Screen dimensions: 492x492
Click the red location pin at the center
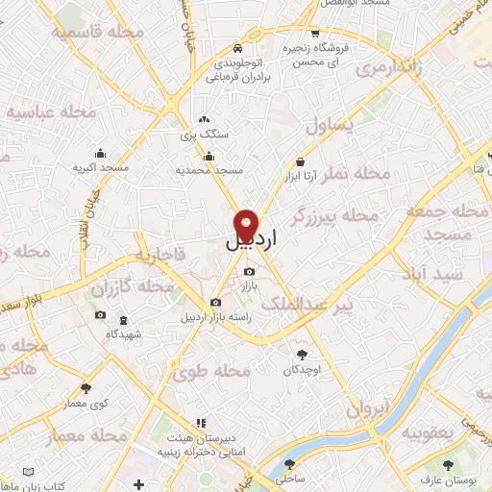tap(246, 225)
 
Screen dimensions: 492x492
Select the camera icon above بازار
tap(249, 272)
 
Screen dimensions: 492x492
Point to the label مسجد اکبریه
tap(100, 168)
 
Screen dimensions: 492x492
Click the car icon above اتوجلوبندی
tap(237, 48)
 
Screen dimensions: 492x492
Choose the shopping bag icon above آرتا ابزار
tap(301, 161)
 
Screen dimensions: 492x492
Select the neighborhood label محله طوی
tap(219, 370)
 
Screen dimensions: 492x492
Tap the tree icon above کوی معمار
tap(86, 388)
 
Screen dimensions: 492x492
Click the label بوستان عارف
tap(449, 480)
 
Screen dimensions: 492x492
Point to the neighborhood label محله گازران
tap(133, 287)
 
